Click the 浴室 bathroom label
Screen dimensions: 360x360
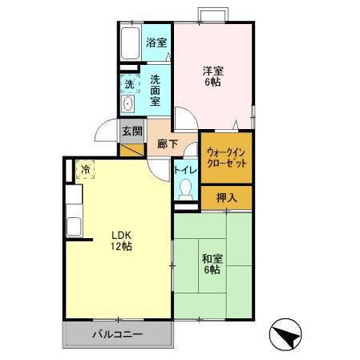(156, 42)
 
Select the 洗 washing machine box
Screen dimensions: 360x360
(128, 83)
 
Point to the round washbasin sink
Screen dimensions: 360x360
(128, 104)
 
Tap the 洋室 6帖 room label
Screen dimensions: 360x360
(212, 76)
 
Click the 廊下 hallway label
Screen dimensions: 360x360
(167, 146)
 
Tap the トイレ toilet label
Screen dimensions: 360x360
(185, 169)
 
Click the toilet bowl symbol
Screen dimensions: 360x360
(186, 189)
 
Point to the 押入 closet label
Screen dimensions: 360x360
(227, 196)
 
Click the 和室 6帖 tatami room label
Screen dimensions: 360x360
(212, 264)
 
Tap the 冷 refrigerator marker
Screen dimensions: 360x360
(85, 168)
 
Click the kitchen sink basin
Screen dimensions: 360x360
(75, 226)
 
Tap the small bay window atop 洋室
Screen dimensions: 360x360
(214, 15)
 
